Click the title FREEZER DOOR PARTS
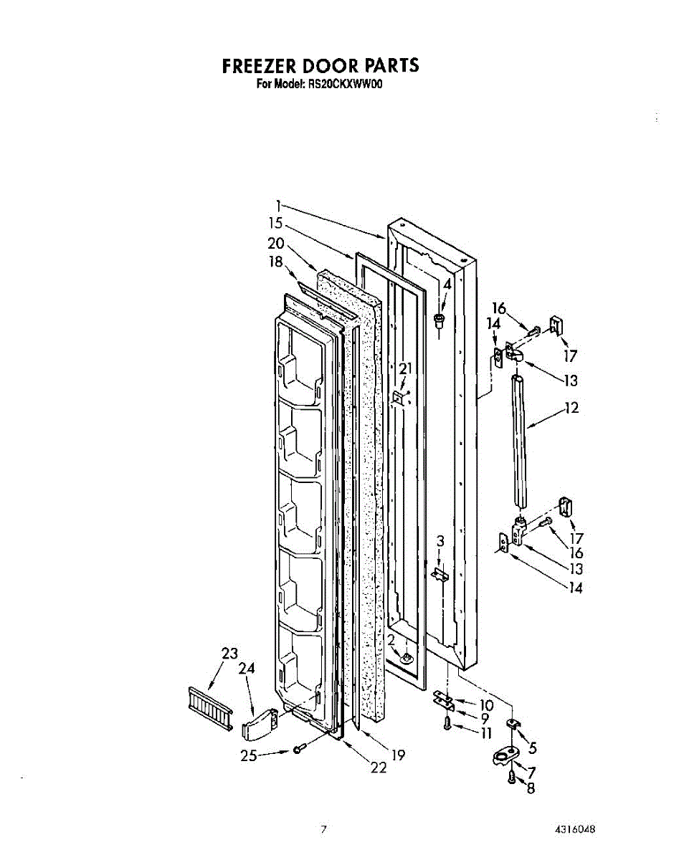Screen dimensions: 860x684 (x=320, y=66)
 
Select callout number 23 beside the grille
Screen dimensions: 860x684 (x=229, y=654)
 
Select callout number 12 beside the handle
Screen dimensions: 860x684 (x=571, y=408)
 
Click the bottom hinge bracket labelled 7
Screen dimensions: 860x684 (x=506, y=756)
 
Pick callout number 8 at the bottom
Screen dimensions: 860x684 (x=530, y=789)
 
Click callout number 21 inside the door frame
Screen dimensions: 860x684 (x=407, y=368)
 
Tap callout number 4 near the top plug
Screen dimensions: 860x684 (x=447, y=284)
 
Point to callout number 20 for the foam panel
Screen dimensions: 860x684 (x=276, y=243)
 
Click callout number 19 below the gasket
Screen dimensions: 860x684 (x=398, y=754)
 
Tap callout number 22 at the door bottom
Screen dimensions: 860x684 (x=378, y=768)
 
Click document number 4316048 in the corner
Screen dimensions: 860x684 (x=574, y=829)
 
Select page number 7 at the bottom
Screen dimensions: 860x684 (x=323, y=830)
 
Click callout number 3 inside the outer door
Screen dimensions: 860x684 (x=441, y=540)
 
